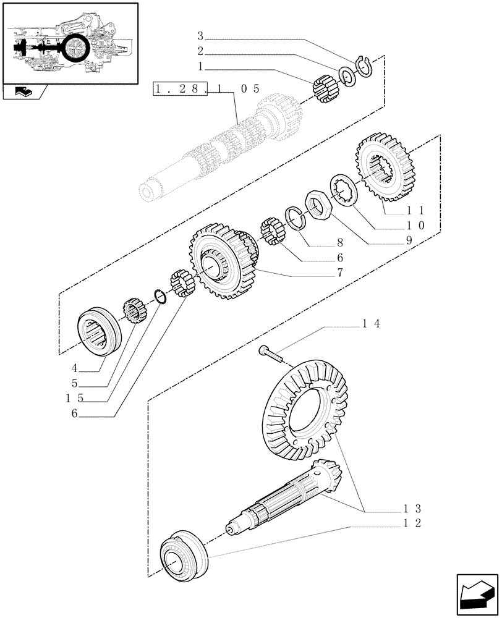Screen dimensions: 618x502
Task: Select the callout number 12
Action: (x=412, y=523)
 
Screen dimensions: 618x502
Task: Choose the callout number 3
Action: (x=200, y=35)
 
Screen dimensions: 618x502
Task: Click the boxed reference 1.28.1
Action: (x=192, y=89)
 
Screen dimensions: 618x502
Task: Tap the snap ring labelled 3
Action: (x=365, y=66)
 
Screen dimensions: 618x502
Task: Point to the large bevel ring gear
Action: (x=306, y=411)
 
